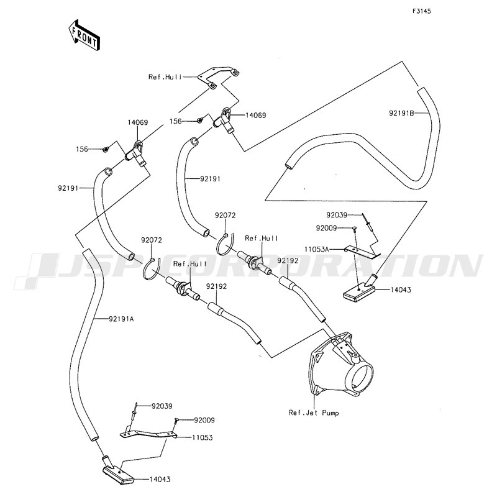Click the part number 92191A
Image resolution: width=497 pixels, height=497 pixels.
121,319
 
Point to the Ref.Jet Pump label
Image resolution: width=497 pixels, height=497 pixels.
314,412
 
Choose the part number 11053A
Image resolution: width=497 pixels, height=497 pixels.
317,248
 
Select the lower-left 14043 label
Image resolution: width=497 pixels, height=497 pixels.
160,480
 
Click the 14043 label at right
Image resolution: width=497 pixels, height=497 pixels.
401,290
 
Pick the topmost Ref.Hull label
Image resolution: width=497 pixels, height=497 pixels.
164,77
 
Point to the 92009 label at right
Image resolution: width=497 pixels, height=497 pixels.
327,228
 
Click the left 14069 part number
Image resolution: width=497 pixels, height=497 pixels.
138,123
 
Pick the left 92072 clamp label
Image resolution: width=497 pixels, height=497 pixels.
151,240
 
